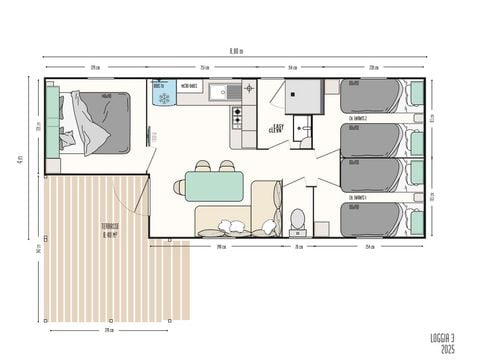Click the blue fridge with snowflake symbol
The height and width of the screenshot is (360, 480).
coord(163,94)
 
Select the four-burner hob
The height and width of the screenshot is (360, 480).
coord(238,118)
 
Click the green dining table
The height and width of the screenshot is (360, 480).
coord(214,186)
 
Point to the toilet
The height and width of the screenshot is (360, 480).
coord(297,218)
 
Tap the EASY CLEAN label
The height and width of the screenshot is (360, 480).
coord(277,129)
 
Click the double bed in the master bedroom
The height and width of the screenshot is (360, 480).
coord(98,121)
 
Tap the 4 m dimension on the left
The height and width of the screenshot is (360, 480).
coord(21,159)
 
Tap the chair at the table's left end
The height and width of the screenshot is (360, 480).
coord(179,187)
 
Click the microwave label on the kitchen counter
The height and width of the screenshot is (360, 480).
coord(187,86)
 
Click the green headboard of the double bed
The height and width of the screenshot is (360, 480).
coord(52,121)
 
